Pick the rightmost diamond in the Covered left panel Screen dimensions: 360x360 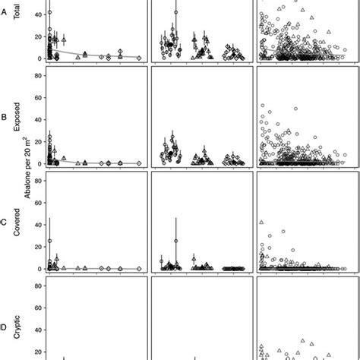(x=138, y=269)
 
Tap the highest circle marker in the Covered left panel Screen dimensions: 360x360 (x=50, y=241)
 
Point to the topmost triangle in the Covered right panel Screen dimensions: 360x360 (x=261, y=222)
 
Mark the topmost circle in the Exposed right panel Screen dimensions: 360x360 (x=263, y=106)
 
